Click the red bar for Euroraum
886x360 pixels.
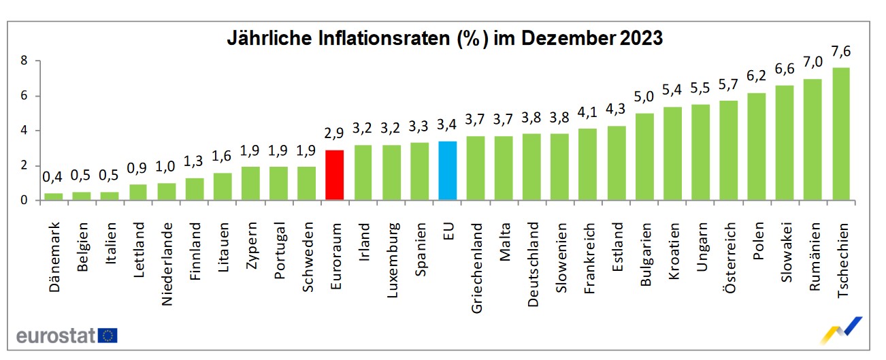334,175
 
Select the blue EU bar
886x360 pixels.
447,171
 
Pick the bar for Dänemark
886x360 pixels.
53,197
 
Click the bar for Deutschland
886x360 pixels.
531,167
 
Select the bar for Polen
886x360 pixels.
756,146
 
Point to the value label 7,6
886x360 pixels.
840,52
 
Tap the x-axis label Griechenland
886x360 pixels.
476,268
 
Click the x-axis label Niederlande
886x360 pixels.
167,265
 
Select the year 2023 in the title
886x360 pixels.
641,38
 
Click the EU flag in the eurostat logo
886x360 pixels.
108,336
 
